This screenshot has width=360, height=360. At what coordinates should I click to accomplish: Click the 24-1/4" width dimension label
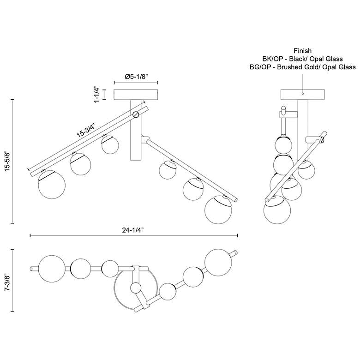coord(133,230)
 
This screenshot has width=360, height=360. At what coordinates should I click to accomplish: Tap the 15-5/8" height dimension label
coord(8,161)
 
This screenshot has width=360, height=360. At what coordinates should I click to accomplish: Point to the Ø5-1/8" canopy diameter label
coord(136,77)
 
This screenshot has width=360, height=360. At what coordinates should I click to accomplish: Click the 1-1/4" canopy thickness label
coord(96,95)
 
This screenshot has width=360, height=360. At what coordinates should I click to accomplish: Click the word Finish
coord(303,50)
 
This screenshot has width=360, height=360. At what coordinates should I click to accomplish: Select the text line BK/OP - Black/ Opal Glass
coord(303,59)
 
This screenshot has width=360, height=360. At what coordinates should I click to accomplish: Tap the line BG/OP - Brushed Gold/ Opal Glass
coord(303,67)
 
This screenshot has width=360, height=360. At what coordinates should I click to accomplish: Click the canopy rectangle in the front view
coord(136,94)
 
